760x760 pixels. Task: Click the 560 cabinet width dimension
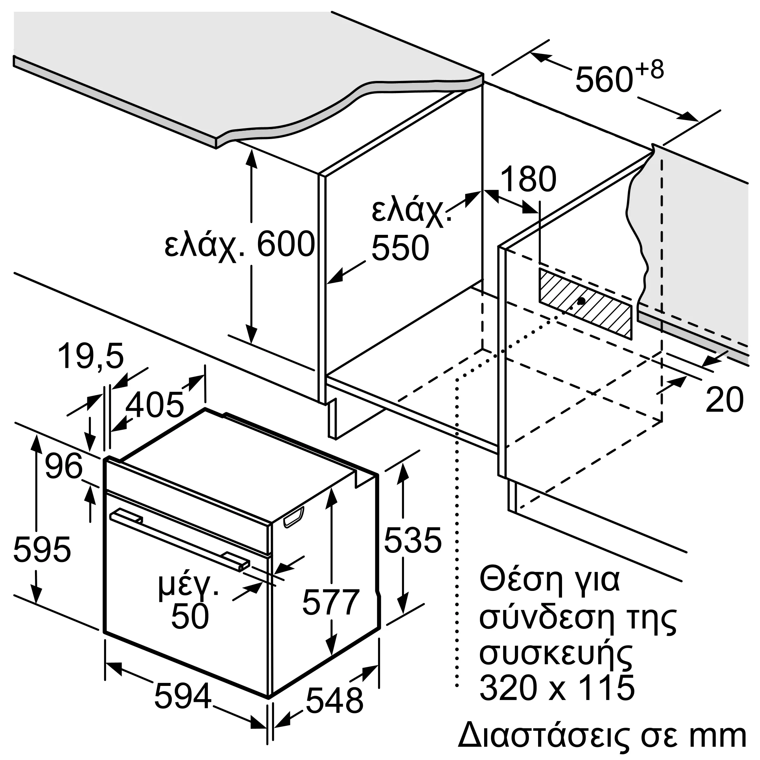click(x=604, y=81)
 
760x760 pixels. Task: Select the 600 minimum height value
click(x=286, y=244)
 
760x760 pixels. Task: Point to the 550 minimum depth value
click(x=400, y=248)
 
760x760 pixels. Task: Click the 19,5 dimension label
click(x=91, y=356)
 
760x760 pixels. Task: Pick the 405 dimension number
click(x=155, y=404)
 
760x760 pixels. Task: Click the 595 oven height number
click(x=42, y=549)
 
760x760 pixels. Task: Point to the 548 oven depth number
click(x=334, y=701)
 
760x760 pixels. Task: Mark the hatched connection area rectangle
click(x=585, y=303)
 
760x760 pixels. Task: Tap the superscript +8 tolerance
click(x=649, y=70)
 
